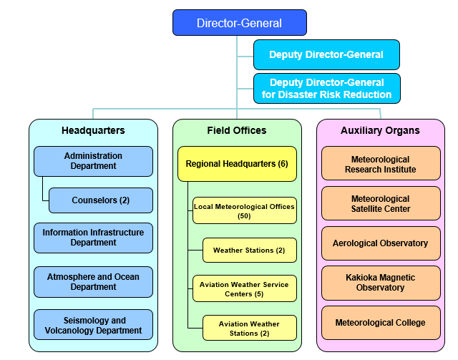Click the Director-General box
(239, 23)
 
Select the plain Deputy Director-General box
(326, 54)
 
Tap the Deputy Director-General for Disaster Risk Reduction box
(326, 89)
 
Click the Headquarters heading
(93, 130)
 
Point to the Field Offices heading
(237, 130)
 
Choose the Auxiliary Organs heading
(380, 130)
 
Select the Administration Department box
(93, 161)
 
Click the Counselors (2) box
(101, 200)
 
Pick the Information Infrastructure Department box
(93, 238)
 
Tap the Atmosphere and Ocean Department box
(93, 282)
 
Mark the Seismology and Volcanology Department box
(93, 326)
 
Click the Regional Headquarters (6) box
(237, 164)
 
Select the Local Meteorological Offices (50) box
(244, 210)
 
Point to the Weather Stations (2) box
(249, 250)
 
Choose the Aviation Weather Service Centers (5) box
(244, 288)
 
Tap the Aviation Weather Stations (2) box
(249, 328)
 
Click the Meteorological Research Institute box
(380, 164)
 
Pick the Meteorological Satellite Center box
(380, 204)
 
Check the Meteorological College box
(380, 323)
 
